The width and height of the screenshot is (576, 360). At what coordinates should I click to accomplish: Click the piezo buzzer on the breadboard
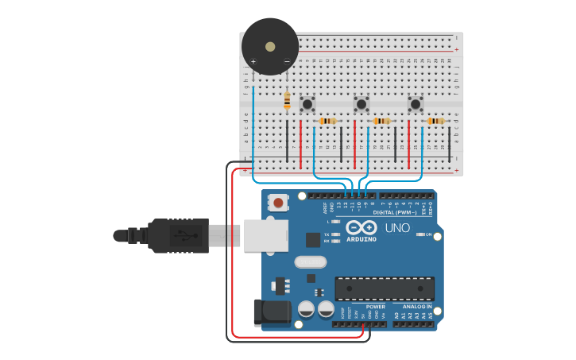tap(270, 46)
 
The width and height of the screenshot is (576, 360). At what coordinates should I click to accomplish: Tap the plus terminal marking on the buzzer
tap(253, 61)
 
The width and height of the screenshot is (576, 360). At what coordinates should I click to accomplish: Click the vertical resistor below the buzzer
tap(287, 100)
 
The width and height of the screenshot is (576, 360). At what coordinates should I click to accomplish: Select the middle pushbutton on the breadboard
tap(361, 104)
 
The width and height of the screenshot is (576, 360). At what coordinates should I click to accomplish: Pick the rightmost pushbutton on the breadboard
tap(416, 104)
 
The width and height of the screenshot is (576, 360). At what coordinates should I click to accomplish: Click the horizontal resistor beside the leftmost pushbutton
tap(327, 121)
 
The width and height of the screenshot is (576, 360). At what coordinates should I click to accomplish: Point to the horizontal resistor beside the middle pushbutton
tap(381, 121)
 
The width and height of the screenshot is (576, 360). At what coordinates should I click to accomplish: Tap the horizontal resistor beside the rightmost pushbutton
tap(435, 121)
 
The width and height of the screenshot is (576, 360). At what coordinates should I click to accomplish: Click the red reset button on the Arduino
tap(278, 203)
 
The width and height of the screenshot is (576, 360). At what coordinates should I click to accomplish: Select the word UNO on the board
tap(397, 228)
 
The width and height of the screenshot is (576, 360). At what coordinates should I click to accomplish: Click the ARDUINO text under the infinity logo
tap(361, 239)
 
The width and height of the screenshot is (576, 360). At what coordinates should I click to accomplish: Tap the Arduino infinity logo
tap(361, 227)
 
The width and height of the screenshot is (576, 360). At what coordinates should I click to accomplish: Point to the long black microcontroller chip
tap(385, 288)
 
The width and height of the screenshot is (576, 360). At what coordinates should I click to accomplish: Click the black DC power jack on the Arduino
tap(270, 312)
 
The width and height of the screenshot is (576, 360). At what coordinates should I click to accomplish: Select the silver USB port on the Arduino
tap(265, 235)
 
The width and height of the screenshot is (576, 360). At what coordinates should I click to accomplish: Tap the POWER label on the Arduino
tap(375, 307)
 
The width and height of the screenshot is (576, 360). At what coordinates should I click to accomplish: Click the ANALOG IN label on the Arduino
tap(417, 307)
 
